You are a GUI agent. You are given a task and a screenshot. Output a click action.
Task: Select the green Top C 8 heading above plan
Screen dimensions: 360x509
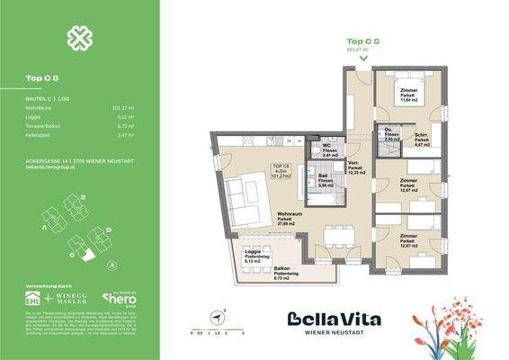pyautogui.click(x=362, y=41)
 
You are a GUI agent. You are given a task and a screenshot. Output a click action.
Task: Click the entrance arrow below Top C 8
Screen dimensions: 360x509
pyautogui.click(x=362, y=58)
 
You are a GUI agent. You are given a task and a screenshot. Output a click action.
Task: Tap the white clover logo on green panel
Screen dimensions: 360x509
pyautogui.click(x=79, y=38)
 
